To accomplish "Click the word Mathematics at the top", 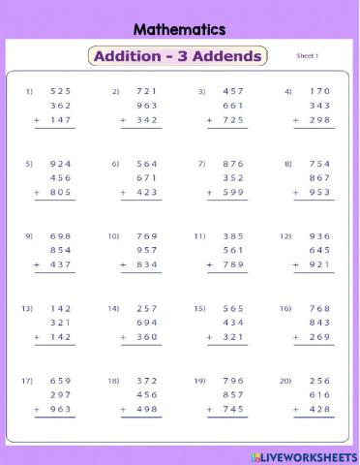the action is point(179,30).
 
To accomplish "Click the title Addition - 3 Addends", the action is point(178,56).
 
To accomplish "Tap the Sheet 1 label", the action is point(307,56).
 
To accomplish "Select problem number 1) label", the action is point(29,92).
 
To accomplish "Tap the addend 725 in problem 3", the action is point(235,120).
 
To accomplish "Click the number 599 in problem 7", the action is point(235,193).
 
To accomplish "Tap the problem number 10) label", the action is point(113,236).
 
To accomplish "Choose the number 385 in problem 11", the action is point(235,236).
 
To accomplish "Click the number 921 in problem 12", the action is point(321,264).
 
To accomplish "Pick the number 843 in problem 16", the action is point(321,323).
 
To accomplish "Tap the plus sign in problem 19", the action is point(210,410).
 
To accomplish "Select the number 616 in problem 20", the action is point(321,395).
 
